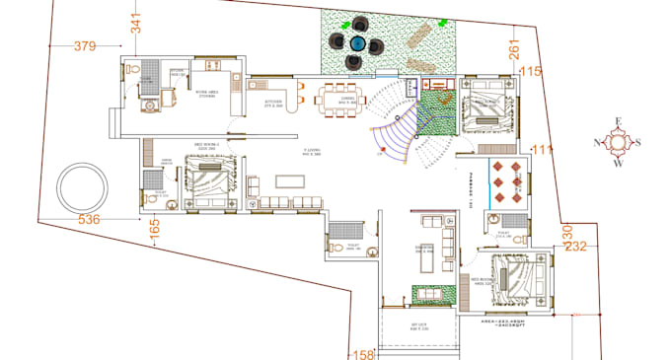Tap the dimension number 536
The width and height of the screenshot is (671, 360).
(90, 219)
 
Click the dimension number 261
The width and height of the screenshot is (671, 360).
(514, 51)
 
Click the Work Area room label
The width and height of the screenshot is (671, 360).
(207, 95)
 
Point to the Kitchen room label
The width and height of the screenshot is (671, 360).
(273, 102)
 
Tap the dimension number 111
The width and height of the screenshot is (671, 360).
(542, 149)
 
